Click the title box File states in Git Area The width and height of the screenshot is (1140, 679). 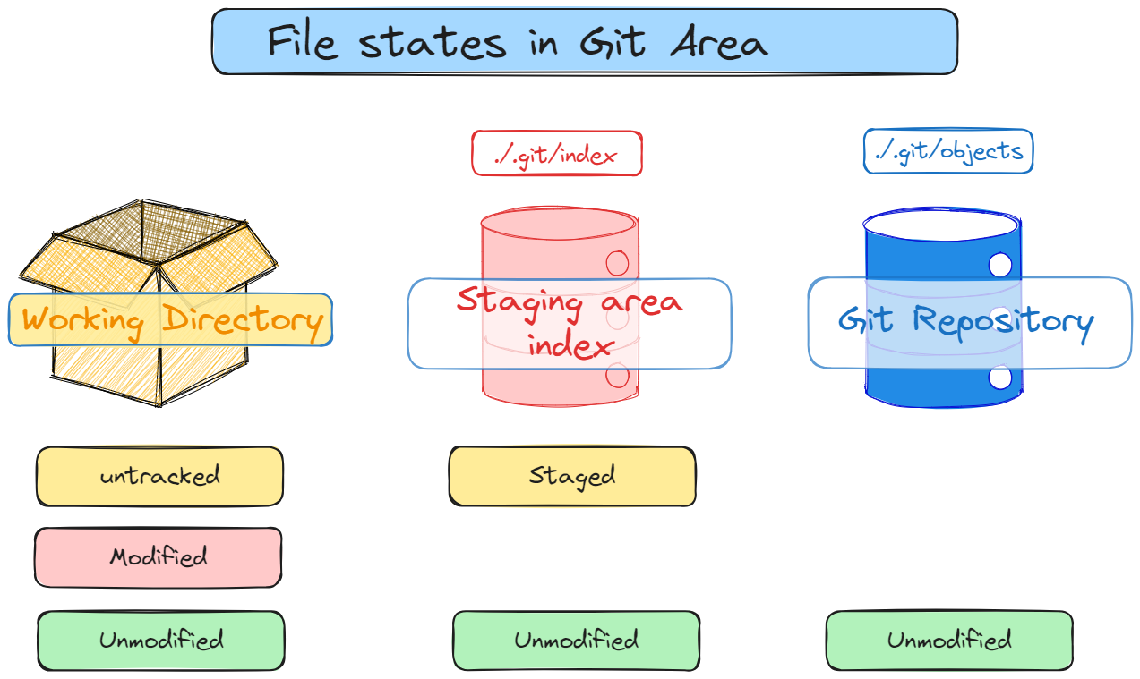tap(584, 42)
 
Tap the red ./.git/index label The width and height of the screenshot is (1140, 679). tap(556, 154)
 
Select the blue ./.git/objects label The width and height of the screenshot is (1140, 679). tap(947, 151)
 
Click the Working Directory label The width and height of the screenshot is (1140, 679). tap(170, 320)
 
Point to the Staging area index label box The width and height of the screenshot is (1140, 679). tap(570, 323)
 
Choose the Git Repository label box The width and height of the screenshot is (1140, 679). tap(969, 322)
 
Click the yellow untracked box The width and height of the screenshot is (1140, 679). tap(159, 476)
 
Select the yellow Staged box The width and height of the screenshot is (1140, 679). tap(571, 476)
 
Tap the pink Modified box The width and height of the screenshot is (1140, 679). tap(158, 557)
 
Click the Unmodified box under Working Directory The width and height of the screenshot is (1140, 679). tap(160, 641)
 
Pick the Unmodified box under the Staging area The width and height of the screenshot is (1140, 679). tap(575, 641)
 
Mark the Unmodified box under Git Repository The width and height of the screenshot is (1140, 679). tap(948, 641)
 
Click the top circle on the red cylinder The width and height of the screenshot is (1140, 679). tap(617, 263)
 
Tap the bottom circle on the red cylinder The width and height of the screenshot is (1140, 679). tap(617, 376)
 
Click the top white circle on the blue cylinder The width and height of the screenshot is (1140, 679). tap(999, 265)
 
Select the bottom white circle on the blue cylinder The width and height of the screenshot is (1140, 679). tap(999, 378)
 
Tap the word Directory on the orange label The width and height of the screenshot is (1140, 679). tap(242, 320)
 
